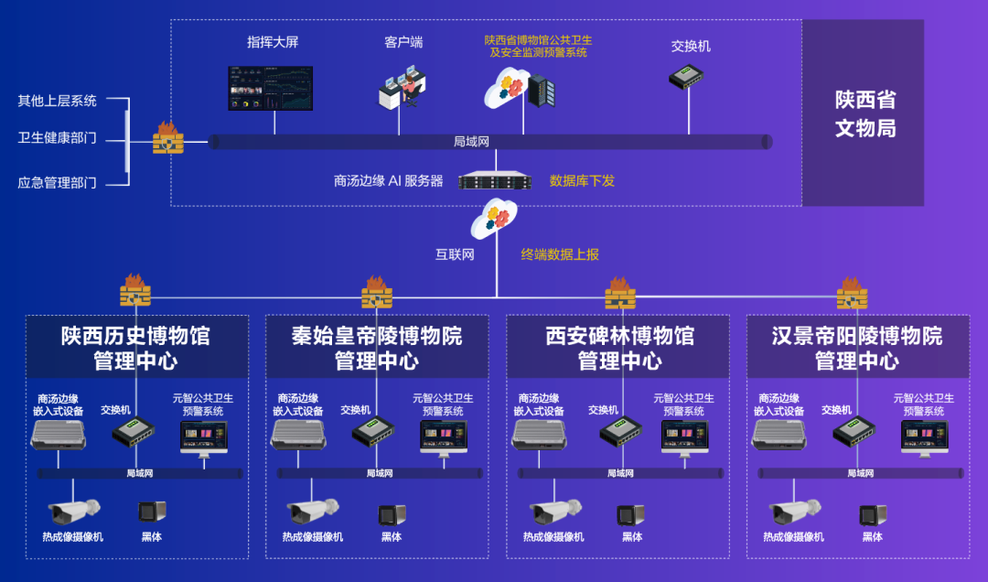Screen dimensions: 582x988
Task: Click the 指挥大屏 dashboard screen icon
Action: pyautogui.click(x=270, y=88)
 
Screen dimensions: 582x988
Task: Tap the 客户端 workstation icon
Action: pyautogui.click(x=403, y=88)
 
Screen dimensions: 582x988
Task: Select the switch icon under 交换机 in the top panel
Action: pyautogui.click(x=685, y=76)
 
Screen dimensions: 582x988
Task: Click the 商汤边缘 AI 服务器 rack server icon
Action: pyautogui.click(x=495, y=181)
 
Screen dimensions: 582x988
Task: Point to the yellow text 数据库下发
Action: pyautogui.click(x=582, y=181)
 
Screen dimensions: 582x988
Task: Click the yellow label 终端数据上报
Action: pyautogui.click(x=560, y=254)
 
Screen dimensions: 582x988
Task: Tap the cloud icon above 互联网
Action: pyautogui.click(x=495, y=218)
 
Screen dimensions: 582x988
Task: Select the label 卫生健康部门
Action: pyautogui.click(x=57, y=139)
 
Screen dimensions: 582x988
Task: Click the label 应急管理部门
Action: pyautogui.click(x=57, y=183)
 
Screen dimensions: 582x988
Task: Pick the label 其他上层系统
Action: pyautogui.click(x=57, y=101)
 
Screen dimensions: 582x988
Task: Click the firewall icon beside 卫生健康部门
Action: pyautogui.click(x=168, y=138)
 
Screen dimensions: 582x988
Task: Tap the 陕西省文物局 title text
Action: pyautogui.click(x=864, y=113)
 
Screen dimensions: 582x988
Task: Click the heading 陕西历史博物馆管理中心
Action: pyautogui.click(x=135, y=348)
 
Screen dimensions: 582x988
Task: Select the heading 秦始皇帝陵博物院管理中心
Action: pyautogui.click(x=377, y=348)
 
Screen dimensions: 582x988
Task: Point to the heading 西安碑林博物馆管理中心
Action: pyautogui.click(x=619, y=348)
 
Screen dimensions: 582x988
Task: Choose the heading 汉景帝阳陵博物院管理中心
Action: pyautogui.click(x=857, y=348)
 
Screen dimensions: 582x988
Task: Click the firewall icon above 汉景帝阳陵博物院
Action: pyautogui.click(x=852, y=293)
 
